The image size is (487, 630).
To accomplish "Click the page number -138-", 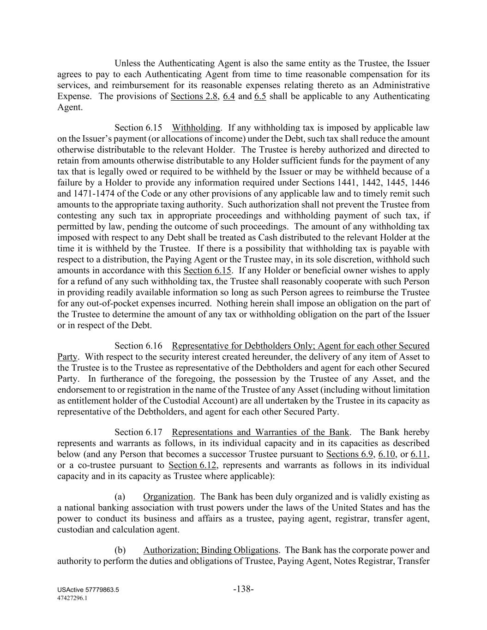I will click(x=244, y=589).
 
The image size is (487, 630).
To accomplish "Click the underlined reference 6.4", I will click(x=229, y=96).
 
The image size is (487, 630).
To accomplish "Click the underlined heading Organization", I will click(x=168, y=497).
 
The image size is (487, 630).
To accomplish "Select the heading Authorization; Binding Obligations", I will click(x=210, y=551).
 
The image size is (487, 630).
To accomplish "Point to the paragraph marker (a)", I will click(x=120, y=497).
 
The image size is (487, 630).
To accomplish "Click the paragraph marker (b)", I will click(x=120, y=551).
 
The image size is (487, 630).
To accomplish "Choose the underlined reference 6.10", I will click(x=386, y=454).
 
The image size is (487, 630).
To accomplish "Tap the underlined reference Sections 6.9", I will click(x=349, y=454).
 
